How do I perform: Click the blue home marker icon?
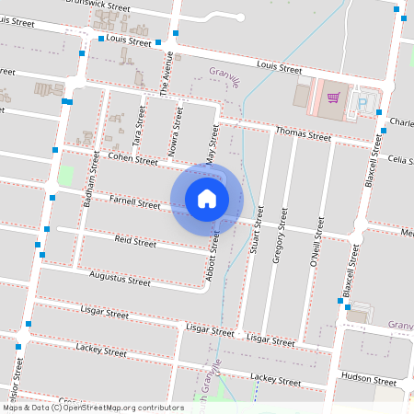coord(207,198)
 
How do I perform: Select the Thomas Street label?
coord(303,134)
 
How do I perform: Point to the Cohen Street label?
coord(132,159)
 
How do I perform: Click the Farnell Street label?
coord(134,201)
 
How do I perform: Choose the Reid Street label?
coord(134,243)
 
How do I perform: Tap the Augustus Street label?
coord(120,278)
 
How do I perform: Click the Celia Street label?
coord(400,160)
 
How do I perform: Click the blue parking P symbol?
coord(362,102)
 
